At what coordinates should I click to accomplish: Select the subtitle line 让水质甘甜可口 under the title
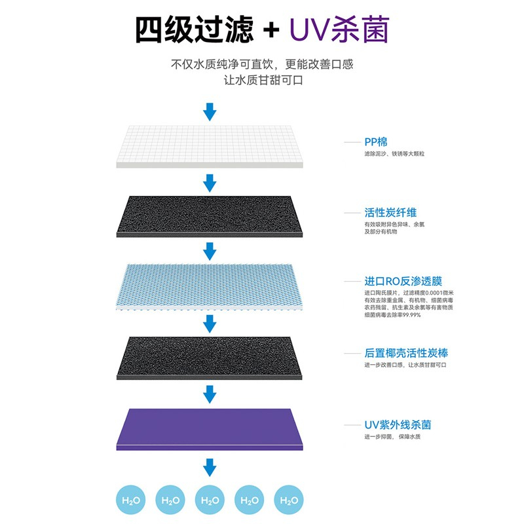pyautogui.click(x=262, y=81)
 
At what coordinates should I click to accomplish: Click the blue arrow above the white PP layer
pyautogui.click(x=209, y=111)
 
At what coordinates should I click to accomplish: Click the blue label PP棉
pyautogui.click(x=375, y=141)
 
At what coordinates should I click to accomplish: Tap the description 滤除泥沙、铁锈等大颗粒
pyautogui.click(x=399, y=155)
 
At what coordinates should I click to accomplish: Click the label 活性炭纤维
pyautogui.click(x=390, y=212)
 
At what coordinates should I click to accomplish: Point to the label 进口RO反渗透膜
pyautogui.click(x=398, y=281)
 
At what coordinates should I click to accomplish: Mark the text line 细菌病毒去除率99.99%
pyautogui.click(x=392, y=315)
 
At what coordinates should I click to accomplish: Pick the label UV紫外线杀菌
pyautogui.click(x=398, y=425)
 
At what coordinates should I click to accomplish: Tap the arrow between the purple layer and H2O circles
pyautogui.click(x=209, y=467)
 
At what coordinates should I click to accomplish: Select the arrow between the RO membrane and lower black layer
pyautogui.click(x=209, y=323)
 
